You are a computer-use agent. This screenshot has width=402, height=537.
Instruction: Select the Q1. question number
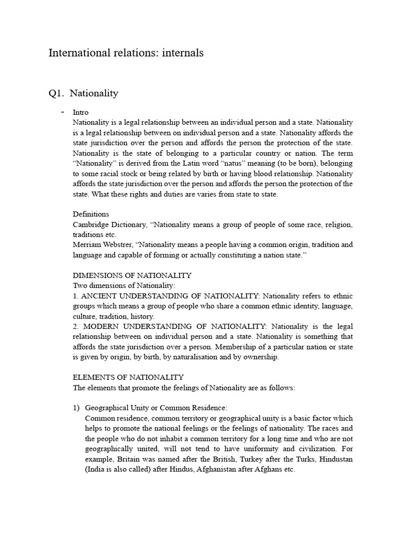56,93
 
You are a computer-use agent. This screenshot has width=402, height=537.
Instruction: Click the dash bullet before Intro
63,112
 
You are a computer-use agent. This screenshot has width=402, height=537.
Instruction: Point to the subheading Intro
81,112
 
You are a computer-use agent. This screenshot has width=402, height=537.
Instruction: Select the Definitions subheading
91,214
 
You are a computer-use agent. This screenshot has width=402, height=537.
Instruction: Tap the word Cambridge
92,224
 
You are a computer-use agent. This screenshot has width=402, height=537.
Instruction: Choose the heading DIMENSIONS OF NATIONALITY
132,275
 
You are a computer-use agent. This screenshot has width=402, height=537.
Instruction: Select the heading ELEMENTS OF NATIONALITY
128,377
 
